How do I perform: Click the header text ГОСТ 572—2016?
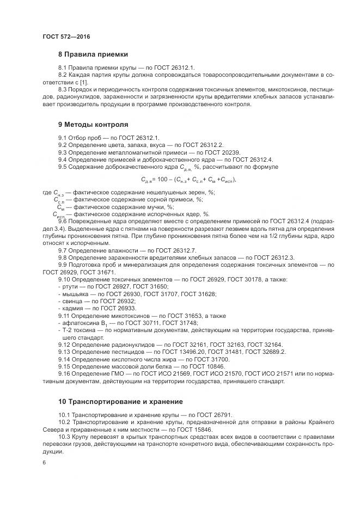(x=66, y=36)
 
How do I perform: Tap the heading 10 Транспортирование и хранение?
(x=120, y=402)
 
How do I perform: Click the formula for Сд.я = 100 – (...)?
(x=189, y=179)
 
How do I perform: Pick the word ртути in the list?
(x=70, y=286)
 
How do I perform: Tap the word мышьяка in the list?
(x=74, y=293)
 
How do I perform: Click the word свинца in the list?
(x=72, y=301)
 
